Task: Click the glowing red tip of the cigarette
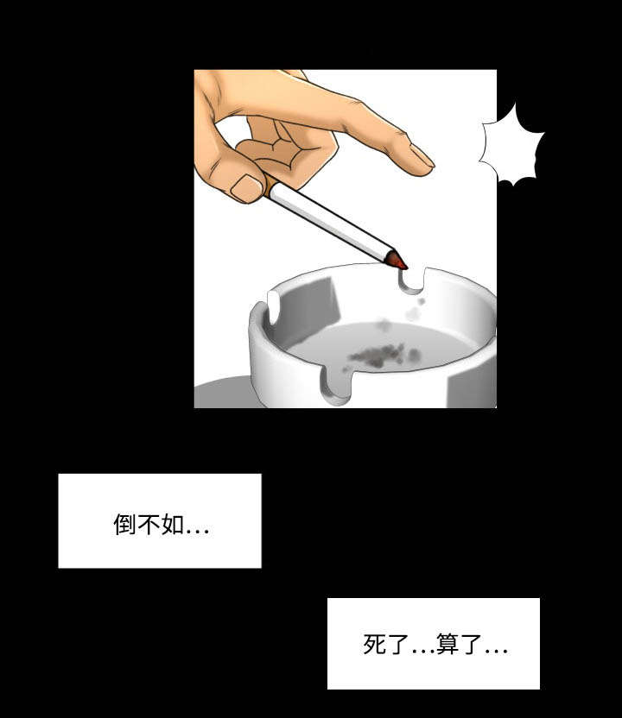398,259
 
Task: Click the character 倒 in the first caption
124,525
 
